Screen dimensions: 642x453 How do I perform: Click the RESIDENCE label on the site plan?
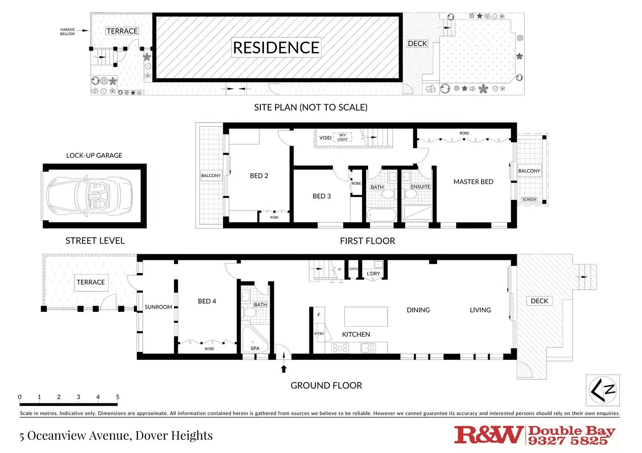(x=276, y=47)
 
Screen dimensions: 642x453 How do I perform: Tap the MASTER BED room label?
(x=473, y=182)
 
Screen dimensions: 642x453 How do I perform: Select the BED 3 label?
(x=321, y=196)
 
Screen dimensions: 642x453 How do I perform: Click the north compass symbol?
(x=602, y=390)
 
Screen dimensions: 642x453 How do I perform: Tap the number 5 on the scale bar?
(x=118, y=397)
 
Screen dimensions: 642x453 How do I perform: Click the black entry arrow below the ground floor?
(x=284, y=368)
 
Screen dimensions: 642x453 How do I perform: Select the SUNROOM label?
(x=158, y=307)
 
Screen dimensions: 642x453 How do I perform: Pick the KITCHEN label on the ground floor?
(x=356, y=334)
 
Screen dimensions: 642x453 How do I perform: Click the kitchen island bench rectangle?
(x=366, y=317)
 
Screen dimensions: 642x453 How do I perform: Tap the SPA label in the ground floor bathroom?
(x=255, y=348)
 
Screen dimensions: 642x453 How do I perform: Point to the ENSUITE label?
(x=420, y=187)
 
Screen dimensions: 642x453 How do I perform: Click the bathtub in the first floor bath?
(x=382, y=215)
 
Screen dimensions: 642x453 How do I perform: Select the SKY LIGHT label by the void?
(x=342, y=137)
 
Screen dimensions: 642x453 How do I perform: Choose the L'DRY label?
(x=373, y=274)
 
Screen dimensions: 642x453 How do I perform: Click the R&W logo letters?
(x=488, y=434)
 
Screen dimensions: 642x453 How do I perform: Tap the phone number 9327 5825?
(x=567, y=441)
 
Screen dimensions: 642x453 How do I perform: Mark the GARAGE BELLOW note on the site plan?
(x=68, y=31)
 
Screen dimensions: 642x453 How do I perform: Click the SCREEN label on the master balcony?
(x=529, y=199)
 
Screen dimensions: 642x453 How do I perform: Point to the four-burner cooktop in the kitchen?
(x=340, y=348)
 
